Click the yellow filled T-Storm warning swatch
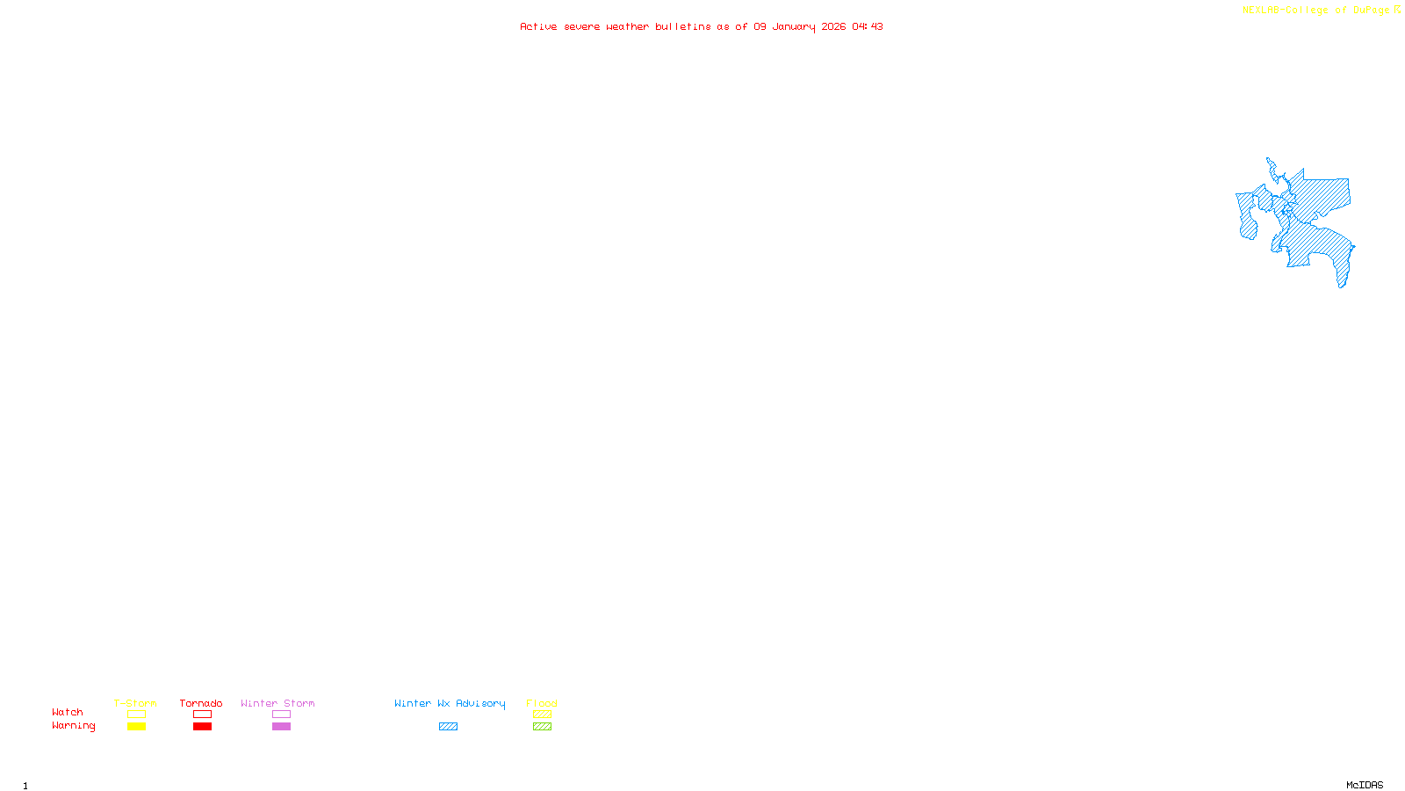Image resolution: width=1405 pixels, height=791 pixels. click(136, 727)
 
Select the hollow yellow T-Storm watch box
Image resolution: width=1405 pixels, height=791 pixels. click(136, 715)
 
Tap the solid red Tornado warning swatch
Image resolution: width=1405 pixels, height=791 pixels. click(202, 727)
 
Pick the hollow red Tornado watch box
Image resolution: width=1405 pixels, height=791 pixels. click(202, 715)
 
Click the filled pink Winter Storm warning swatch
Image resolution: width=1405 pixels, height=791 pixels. click(281, 727)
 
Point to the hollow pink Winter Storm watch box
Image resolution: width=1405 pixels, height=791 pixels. click(281, 715)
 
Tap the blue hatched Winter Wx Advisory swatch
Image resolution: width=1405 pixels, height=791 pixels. click(448, 727)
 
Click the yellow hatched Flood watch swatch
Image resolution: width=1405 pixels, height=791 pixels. click(542, 715)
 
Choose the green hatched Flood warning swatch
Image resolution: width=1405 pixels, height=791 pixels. click(542, 727)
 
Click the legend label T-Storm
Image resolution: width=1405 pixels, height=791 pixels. click(135, 703)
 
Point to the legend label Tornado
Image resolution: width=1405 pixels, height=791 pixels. click(201, 703)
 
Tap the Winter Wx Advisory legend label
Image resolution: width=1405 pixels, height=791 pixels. click(450, 703)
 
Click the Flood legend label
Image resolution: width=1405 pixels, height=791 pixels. click(542, 703)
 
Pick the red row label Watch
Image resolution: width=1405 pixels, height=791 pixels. click(68, 712)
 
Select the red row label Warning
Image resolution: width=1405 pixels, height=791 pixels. click(74, 726)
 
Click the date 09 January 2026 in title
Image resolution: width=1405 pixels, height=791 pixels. click(800, 26)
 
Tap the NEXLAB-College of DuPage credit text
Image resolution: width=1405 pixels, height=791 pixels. click(1316, 11)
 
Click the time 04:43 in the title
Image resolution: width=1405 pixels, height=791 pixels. click(868, 26)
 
